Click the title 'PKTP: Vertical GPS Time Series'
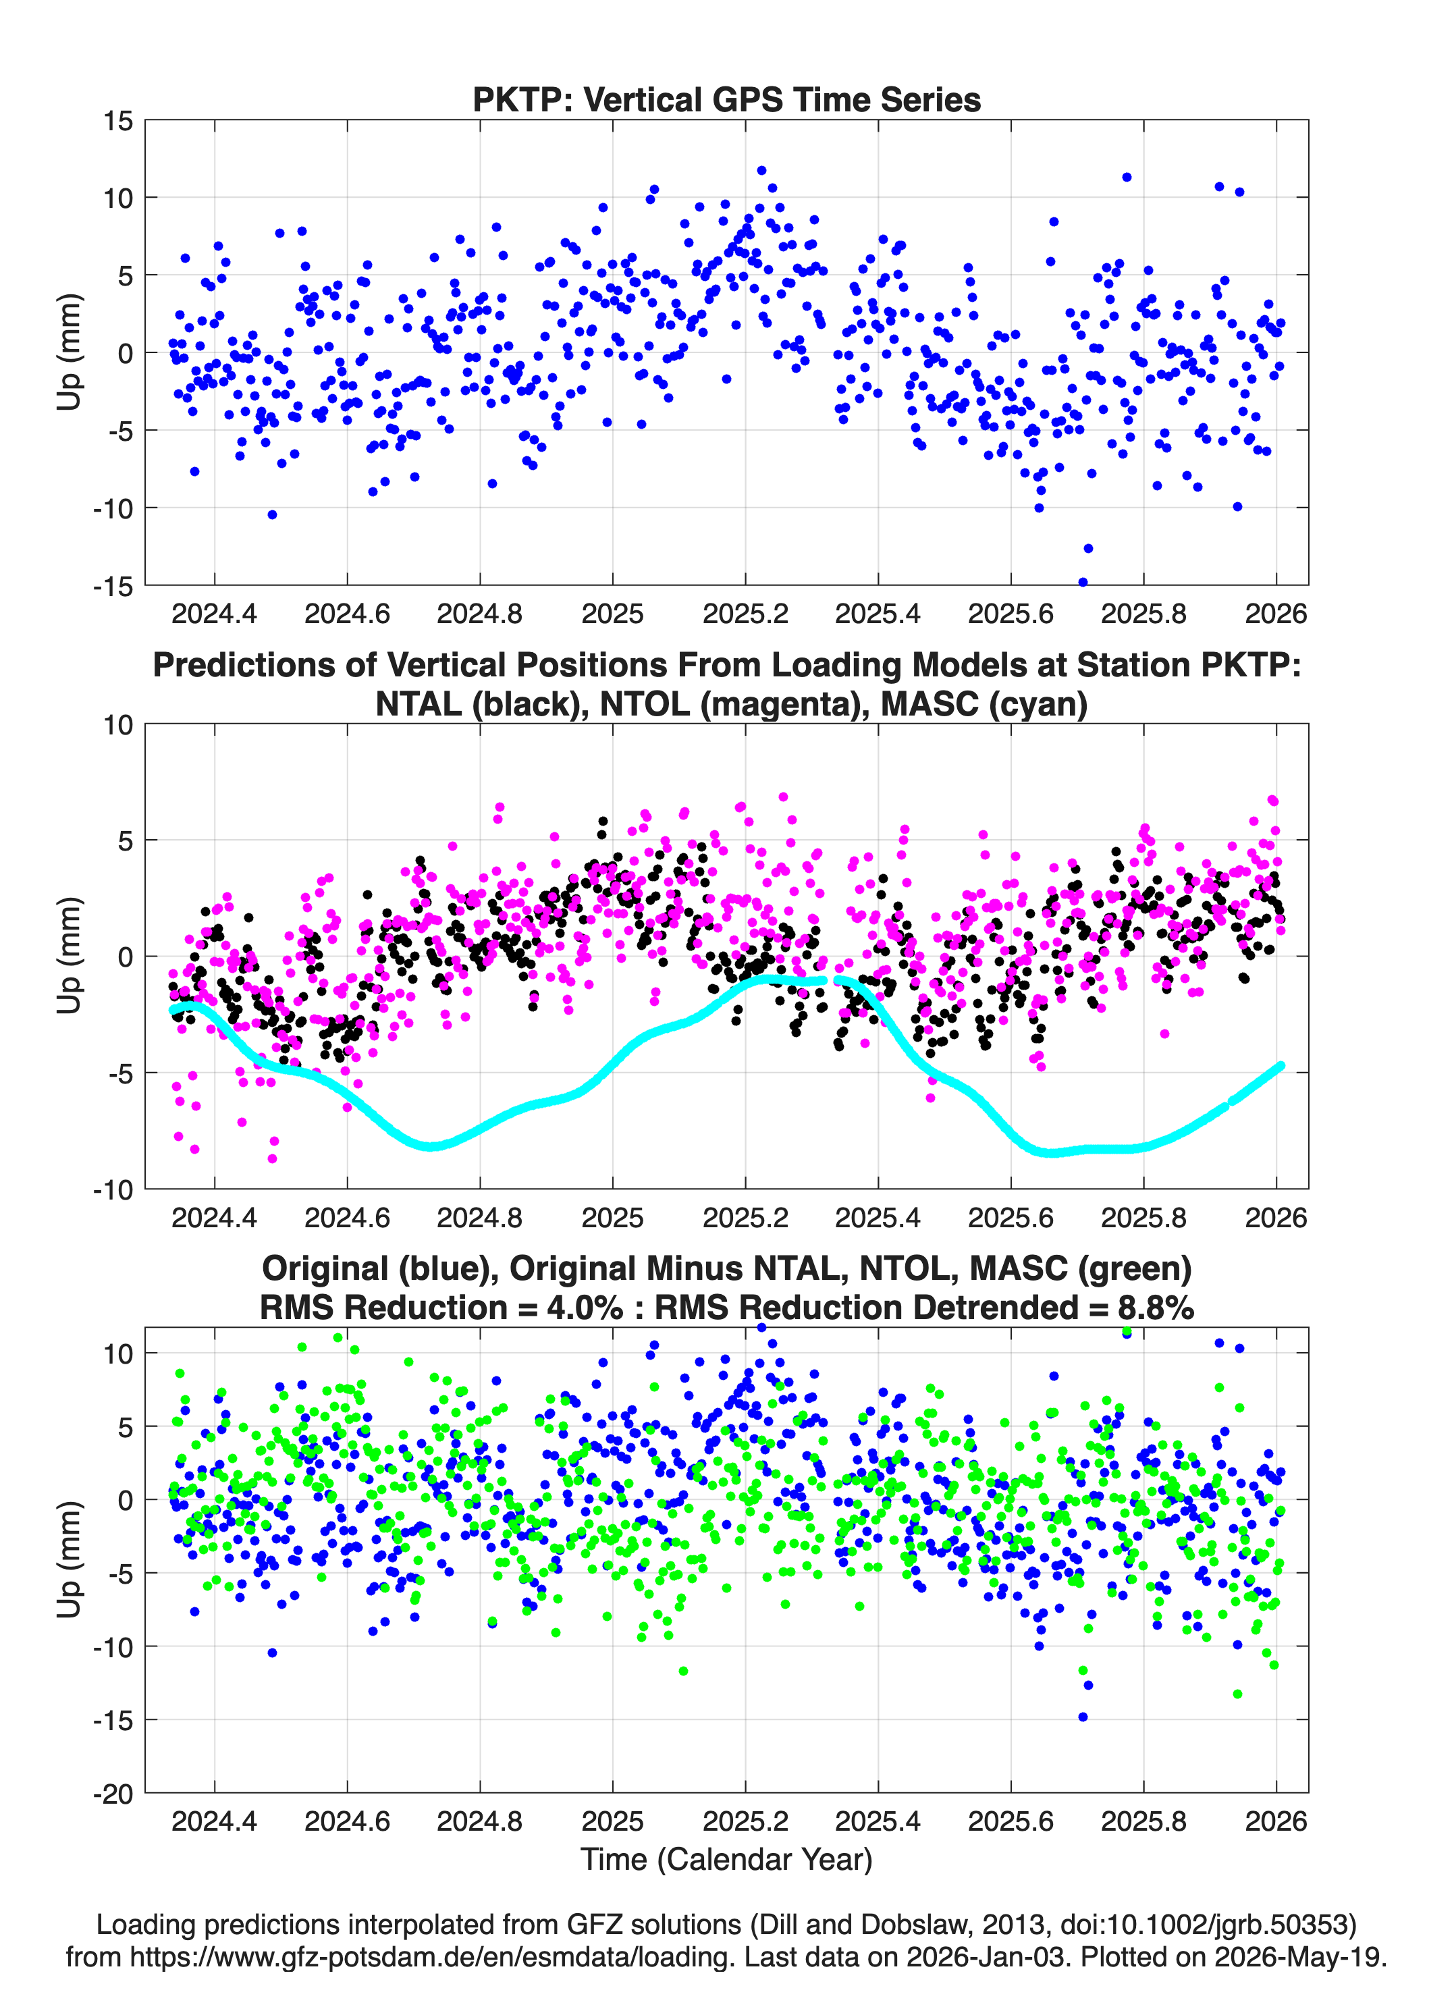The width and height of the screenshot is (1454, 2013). point(726,99)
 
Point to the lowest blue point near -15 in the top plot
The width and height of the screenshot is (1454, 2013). point(1082,583)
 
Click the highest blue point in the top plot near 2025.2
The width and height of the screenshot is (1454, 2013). point(761,170)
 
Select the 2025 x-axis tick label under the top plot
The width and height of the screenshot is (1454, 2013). point(612,614)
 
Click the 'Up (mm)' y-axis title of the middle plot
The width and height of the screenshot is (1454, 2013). point(70,956)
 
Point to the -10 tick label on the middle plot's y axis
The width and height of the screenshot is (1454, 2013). point(113,1189)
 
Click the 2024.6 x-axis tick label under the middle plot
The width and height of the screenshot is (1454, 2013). point(347,1217)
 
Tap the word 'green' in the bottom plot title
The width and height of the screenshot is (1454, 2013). point(1133,1268)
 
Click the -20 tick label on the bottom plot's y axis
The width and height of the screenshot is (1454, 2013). point(113,1794)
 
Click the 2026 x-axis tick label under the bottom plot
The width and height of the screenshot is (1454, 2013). point(1276,1821)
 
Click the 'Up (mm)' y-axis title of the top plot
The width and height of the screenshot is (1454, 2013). point(70,352)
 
